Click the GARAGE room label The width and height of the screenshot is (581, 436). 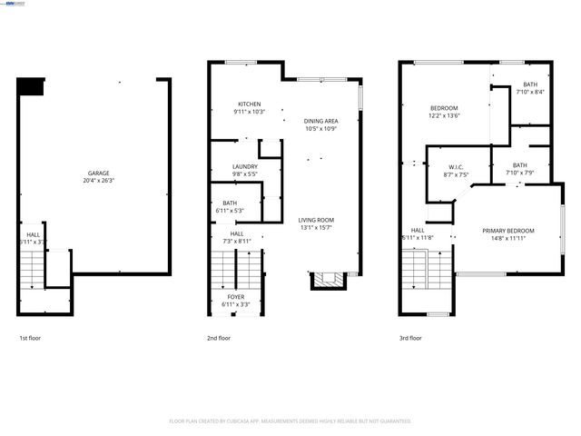[x=99, y=173]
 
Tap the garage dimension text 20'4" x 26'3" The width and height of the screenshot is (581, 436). [x=99, y=181]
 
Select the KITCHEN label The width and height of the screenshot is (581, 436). [x=249, y=104]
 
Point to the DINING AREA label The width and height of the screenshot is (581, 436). [x=321, y=121]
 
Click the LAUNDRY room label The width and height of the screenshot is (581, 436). [x=245, y=166]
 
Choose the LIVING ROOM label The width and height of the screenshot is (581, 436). [x=317, y=220]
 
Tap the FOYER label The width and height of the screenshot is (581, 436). [x=235, y=297]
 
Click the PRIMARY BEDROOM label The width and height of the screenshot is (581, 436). [x=507, y=231]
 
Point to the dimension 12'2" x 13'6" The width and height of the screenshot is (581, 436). [x=444, y=116]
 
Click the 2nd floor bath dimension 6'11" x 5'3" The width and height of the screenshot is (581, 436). [x=229, y=211]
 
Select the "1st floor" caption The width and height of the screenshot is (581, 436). [x=30, y=338]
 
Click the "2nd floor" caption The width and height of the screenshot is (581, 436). [x=219, y=338]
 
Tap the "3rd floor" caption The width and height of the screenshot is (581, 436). [x=410, y=338]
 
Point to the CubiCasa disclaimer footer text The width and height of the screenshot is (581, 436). [x=290, y=421]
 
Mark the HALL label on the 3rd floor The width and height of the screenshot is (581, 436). [x=418, y=231]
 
